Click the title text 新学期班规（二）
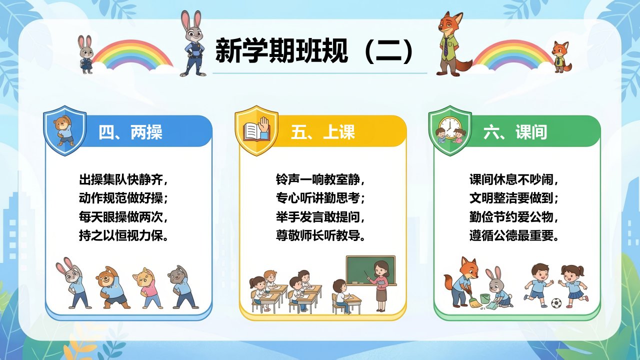click(x=314, y=51)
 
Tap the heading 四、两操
click(x=130, y=132)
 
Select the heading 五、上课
click(x=323, y=132)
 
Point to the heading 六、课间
click(x=515, y=132)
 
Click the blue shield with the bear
click(x=65, y=130)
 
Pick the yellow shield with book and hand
click(x=256, y=130)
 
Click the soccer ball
click(x=556, y=303)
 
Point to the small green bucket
click(x=485, y=298)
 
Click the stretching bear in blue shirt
click(x=112, y=287)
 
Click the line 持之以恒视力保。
click(x=123, y=236)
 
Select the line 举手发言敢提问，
click(x=320, y=217)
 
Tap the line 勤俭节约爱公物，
click(x=513, y=217)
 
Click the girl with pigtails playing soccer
click(x=573, y=286)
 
